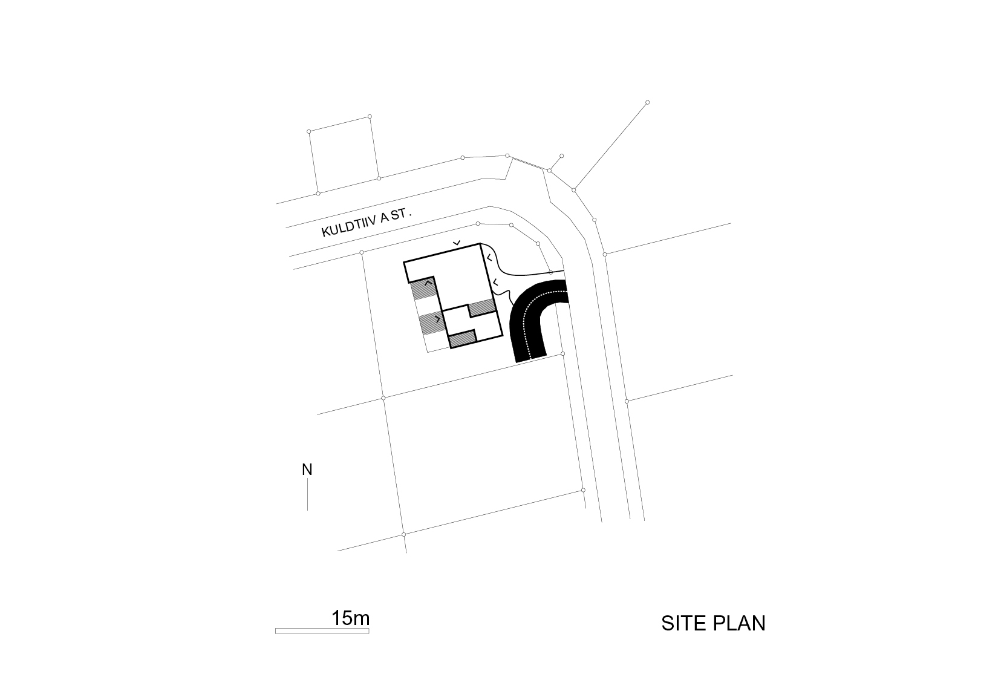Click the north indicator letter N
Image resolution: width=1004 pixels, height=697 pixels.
click(x=307, y=470)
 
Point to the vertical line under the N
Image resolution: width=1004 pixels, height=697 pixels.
click(x=307, y=495)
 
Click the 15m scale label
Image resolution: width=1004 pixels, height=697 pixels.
click(x=351, y=618)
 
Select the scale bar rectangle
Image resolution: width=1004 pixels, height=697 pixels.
click(x=322, y=631)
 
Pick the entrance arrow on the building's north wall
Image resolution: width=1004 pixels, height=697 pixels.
click(x=456, y=243)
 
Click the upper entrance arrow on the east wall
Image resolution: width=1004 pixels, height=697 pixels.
click(x=489, y=258)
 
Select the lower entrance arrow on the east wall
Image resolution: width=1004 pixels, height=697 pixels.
click(x=495, y=283)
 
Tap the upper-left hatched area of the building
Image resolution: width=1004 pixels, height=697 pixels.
click(x=424, y=289)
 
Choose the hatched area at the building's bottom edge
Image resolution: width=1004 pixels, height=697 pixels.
click(x=462, y=338)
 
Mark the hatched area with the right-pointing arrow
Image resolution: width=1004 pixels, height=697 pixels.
click(x=432, y=322)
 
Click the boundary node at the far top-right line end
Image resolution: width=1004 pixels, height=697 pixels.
click(x=647, y=103)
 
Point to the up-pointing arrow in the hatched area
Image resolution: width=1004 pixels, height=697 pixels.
click(x=428, y=283)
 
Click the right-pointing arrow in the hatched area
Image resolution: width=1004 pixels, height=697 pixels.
click(x=437, y=319)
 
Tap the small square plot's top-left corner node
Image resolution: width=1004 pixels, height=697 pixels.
click(x=309, y=131)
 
